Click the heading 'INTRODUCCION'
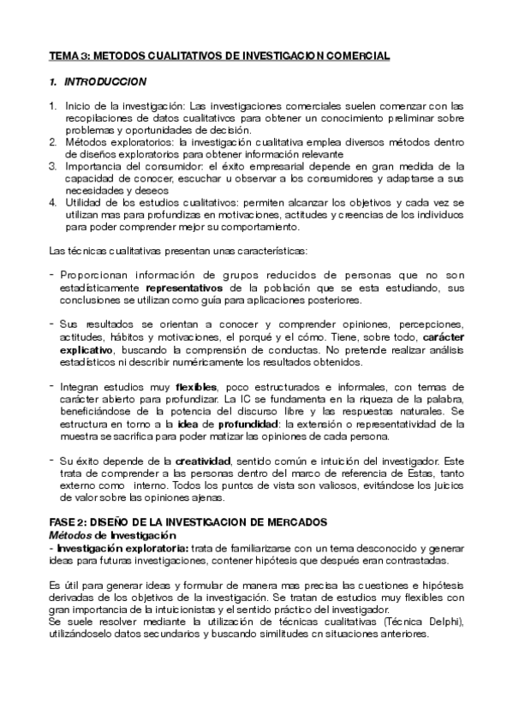[x=106, y=82]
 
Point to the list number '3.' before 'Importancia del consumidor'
[x=53, y=166]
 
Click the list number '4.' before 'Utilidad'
[x=53, y=203]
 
